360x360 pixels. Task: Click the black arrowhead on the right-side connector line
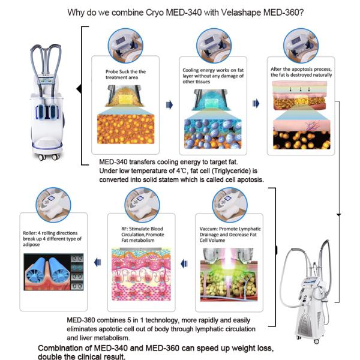click(x=339, y=214)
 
